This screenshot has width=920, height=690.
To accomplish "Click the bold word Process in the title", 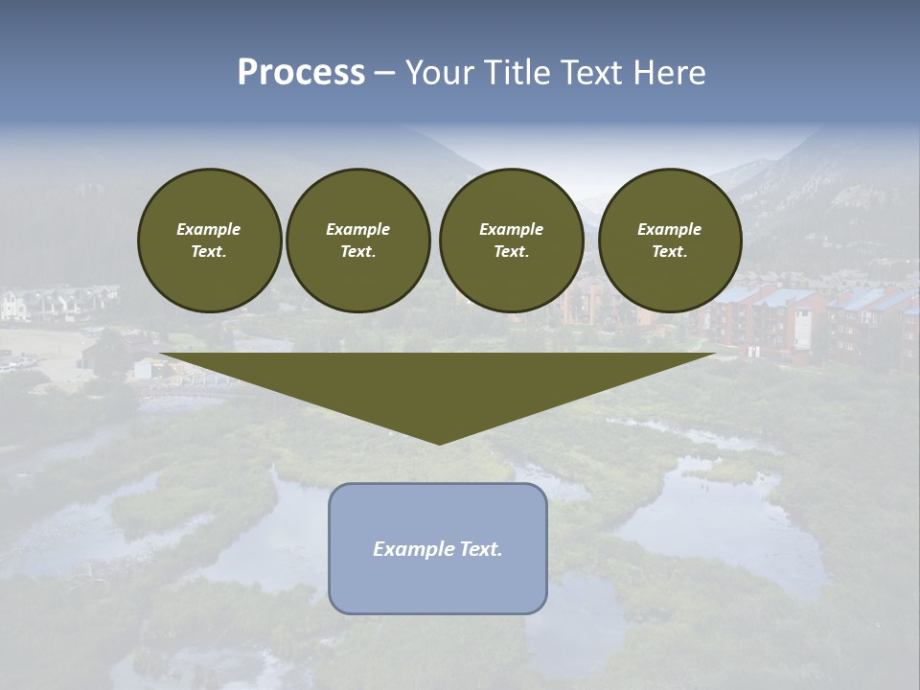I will pyautogui.click(x=301, y=73).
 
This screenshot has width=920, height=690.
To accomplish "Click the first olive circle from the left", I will pyautogui.click(x=210, y=241).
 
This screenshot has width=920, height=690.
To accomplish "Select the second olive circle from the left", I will pyautogui.click(x=358, y=241).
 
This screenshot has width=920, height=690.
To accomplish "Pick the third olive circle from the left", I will pyautogui.click(x=511, y=241).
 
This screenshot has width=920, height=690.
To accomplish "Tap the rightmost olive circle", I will pyautogui.click(x=670, y=241).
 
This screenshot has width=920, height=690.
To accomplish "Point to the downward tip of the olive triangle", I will pyautogui.click(x=439, y=442).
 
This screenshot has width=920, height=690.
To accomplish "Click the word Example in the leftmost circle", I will pyautogui.click(x=209, y=229).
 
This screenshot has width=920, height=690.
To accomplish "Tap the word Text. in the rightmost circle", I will pyautogui.click(x=670, y=252).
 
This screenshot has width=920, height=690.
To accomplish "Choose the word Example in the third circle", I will pyautogui.click(x=511, y=229).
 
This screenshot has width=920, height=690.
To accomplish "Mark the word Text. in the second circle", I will pyautogui.click(x=358, y=252).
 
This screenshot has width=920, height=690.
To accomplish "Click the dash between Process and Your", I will pyautogui.click(x=385, y=73).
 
